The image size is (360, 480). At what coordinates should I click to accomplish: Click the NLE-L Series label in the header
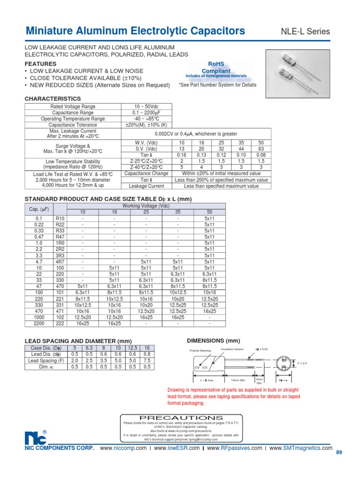[x=305, y=32]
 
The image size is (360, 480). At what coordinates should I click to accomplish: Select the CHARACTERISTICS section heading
[x=52, y=99]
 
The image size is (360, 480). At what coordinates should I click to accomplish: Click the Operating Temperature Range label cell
[x=72, y=119]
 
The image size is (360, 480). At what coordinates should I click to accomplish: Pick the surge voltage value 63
[x=261, y=149]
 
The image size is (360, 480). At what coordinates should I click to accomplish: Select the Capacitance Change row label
[x=147, y=173]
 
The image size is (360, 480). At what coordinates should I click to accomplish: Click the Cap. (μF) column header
[x=39, y=209]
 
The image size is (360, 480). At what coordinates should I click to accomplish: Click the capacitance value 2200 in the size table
[x=39, y=323]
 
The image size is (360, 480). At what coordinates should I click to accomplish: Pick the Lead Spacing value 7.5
[x=148, y=361]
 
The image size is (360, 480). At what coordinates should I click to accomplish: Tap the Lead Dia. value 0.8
[x=148, y=354]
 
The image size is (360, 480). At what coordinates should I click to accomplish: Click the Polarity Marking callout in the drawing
[x=201, y=351]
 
